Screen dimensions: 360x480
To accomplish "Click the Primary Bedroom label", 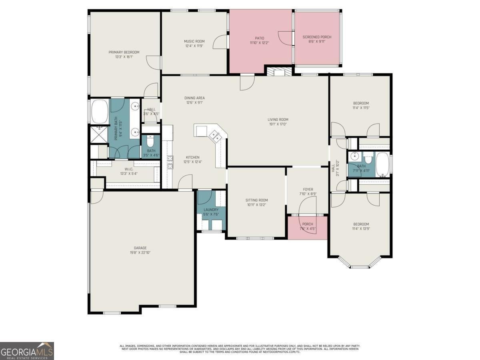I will click(x=124, y=52).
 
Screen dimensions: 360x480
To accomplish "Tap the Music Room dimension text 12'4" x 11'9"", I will click(x=194, y=46).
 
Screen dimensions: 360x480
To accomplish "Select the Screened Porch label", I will click(x=317, y=37).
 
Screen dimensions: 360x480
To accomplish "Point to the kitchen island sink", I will click(x=216, y=136).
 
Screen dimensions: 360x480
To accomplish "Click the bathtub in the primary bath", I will click(x=100, y=112).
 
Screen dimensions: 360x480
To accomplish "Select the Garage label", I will click(x=140, y=248).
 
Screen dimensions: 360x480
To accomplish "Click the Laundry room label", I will click(x=211, y=210).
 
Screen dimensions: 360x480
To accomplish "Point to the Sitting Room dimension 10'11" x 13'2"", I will click(x=256, y=205).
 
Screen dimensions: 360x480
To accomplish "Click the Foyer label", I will click(x=308, y=189).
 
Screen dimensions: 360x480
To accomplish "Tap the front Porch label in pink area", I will click(x=308, y=224).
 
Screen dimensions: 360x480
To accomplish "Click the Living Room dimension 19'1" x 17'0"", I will click(x=278, y=124).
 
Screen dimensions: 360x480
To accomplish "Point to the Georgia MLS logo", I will click(x=27, y=351).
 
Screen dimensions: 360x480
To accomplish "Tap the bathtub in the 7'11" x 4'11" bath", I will click(x=382, y=164).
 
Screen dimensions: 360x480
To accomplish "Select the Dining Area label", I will click(x=194, y=98).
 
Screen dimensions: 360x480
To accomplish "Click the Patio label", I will click(x=260, y=38).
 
